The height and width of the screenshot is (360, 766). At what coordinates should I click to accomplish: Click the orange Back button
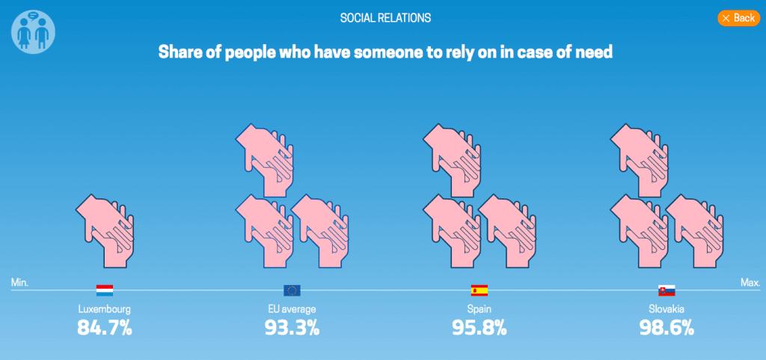738,18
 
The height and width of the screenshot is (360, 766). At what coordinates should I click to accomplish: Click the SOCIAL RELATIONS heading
385,17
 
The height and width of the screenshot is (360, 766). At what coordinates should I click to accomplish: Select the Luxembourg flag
105,290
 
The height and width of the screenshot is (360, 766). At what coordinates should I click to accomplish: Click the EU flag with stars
292,290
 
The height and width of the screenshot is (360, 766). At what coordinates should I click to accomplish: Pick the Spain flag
479,290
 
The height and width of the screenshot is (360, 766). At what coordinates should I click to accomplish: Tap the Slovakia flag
666,290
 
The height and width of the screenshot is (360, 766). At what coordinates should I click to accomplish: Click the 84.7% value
105,327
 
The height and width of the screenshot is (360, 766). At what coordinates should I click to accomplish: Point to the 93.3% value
292,327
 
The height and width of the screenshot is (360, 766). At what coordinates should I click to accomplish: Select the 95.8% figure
479,327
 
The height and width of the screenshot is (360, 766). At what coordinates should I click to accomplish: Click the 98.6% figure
666,327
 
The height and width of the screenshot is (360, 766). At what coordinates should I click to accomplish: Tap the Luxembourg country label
105,308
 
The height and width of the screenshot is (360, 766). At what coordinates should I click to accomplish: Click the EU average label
292,308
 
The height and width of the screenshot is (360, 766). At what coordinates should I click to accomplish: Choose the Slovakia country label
666,308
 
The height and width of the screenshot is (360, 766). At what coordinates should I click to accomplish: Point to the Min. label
19,283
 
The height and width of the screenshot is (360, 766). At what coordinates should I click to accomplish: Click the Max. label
750,283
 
